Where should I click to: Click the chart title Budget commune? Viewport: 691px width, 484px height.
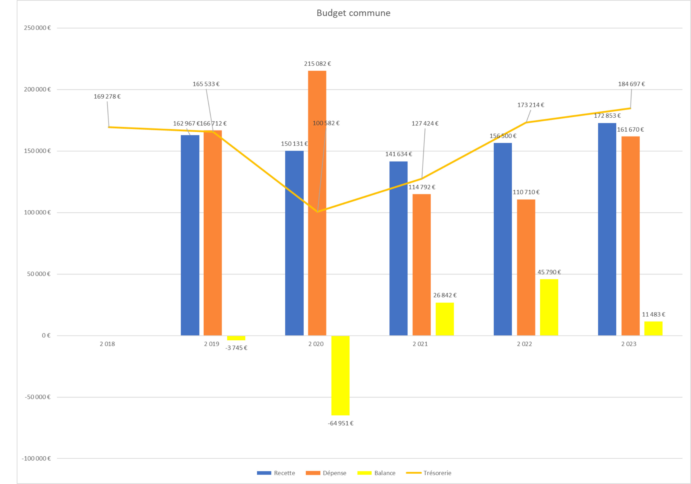pyautogui.click(x=353, y=13)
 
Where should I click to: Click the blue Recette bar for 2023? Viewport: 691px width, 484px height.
pyautogui.click(x=607, y=229)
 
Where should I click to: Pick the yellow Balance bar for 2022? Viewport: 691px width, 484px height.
pyautogui.click(x=549, y=307)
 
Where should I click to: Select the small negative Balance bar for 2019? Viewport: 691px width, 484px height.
pyautogui.click(x=236, y=338)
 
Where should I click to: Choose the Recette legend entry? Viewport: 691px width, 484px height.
pyautogui.click(x=276, y=473)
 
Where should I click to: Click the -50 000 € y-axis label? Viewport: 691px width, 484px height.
pyautogui.click(x=37, y=397)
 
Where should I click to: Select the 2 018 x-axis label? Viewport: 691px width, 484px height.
pyautogui.click(x=107, y=344)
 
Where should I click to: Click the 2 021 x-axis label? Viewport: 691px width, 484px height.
pyautogui.click(x=420, y=344)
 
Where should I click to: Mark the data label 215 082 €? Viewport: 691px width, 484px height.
pyautogui.click(x=317, y=64)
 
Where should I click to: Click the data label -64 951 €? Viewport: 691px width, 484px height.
pyautogui.click(x=340, y=423)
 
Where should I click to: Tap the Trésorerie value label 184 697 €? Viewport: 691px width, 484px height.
pyautogui.click(x=631, y=84)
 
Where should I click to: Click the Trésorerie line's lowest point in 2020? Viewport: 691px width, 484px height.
pyautogui.click(x=317, y=212)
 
